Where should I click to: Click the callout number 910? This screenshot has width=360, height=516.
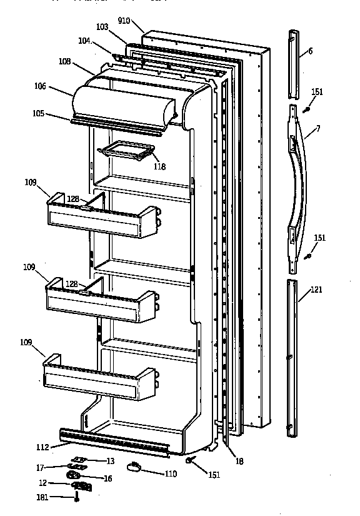124,21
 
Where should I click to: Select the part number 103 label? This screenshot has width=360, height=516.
102,28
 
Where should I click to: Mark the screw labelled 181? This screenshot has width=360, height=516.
76,497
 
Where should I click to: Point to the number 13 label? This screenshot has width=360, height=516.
110,461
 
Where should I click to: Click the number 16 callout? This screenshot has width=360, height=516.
107,478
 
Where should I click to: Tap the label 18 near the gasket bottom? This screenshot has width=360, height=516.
239,462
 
